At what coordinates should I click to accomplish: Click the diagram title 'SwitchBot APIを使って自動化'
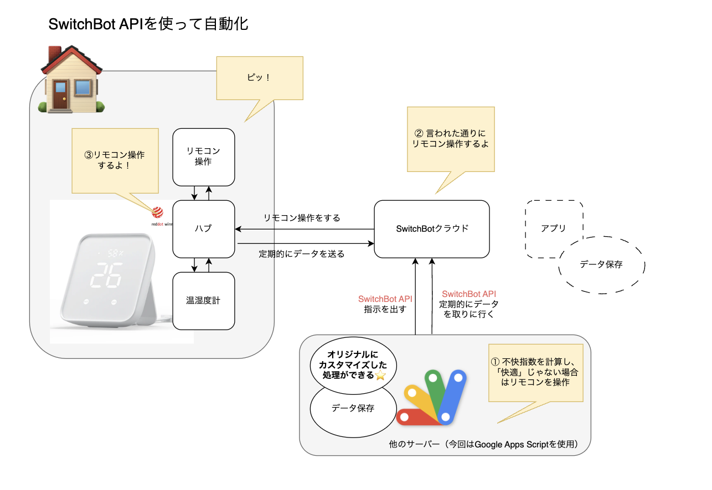coord(148,24)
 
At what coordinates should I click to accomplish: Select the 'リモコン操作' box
coord(204,157)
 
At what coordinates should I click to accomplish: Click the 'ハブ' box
coord(204,229)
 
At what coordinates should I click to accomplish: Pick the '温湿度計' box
coord(204,300)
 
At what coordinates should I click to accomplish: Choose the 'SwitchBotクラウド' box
coord(432,229)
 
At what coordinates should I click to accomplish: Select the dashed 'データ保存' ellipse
coord(602,265)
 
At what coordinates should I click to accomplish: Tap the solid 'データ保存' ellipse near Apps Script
coord(353,409)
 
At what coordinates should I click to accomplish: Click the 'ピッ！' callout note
coord(259,78)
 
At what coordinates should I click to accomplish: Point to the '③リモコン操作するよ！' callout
coord(115,160)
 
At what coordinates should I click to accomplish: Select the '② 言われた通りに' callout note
coord(450,139)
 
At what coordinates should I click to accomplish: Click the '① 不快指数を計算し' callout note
coord(535,372)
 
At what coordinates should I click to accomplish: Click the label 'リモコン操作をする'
coord(302,218)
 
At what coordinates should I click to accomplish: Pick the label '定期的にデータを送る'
coord(302,254)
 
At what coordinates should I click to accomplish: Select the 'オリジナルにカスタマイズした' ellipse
coord(349,365)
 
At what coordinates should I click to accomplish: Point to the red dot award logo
coord(158,211)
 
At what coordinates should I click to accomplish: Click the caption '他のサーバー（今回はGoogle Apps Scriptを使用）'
coord(483,444)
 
